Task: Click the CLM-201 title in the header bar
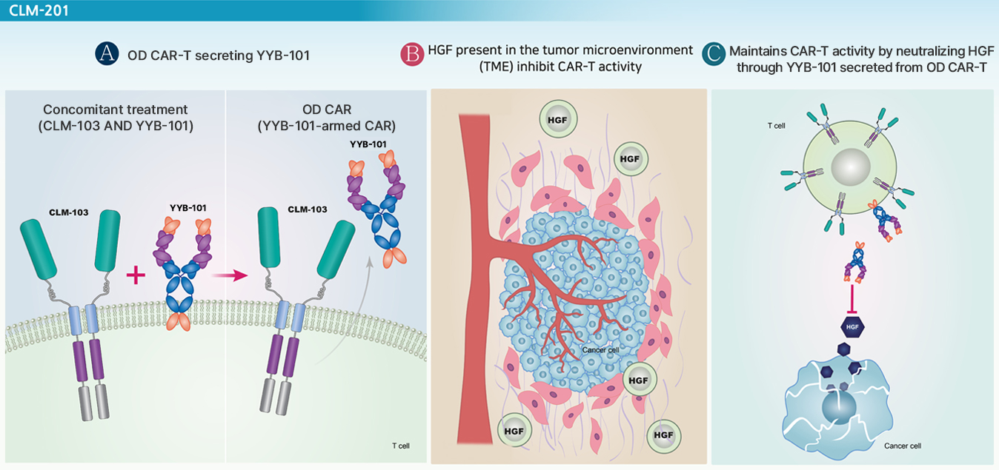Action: pos(39,10)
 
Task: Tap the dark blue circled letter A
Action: pos(107,54)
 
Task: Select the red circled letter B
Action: pos(412,55)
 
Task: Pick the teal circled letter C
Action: pos(714,54)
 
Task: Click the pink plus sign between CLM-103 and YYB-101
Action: pos(136,275)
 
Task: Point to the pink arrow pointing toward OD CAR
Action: pos(230,275)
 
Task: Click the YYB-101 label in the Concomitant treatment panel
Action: pos(187,208)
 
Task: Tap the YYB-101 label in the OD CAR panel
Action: pos(368,144)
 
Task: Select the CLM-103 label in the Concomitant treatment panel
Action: pos(69,212)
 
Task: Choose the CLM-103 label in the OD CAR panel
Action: pos(308,209)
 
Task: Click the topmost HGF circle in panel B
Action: pos(558,119)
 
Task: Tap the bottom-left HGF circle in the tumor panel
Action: pos(514,431)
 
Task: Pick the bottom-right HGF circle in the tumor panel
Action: pos(663,435)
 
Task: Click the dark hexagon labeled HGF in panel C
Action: pos(852,327)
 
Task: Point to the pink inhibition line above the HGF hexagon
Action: pos(852,299)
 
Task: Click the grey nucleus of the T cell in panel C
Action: pos(851,167)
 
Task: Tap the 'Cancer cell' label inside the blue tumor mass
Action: pos(600,350)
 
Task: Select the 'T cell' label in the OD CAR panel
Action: pos(400,446)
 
